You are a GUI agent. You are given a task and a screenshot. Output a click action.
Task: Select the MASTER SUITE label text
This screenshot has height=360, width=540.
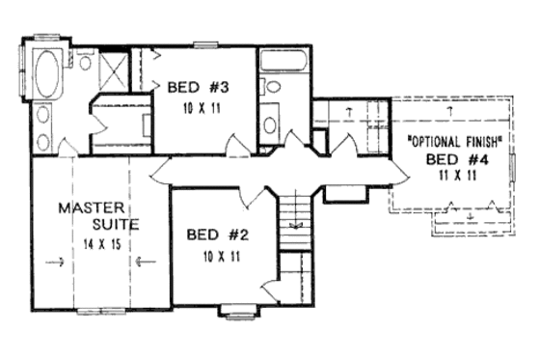click(98, 216)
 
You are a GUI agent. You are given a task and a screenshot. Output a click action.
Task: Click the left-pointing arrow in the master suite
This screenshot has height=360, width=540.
click(144, 260)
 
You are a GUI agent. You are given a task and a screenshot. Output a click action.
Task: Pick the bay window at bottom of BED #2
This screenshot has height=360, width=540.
click(235, 311)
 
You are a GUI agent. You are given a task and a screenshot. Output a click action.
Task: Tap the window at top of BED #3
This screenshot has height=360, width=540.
click(205, 43)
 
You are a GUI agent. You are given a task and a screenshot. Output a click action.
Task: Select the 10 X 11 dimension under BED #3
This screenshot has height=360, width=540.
click(202, 108)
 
